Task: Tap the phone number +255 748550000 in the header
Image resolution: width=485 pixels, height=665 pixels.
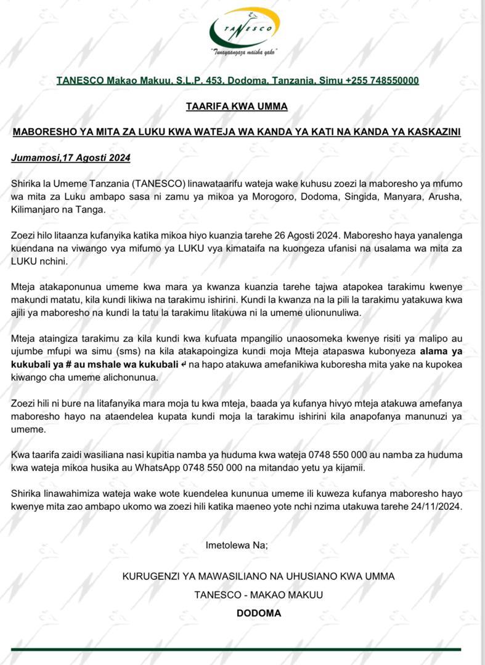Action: pos(382,81)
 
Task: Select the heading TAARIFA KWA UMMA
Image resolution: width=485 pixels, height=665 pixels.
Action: pos(237,107)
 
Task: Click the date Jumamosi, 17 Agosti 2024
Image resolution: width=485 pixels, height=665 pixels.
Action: pos(71,158)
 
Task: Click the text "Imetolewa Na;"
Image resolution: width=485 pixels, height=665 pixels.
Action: pos(237,545)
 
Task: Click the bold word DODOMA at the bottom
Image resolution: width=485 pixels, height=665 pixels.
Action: pos(259,613)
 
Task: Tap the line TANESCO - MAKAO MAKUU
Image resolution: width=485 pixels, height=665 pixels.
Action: pos(258,595)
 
